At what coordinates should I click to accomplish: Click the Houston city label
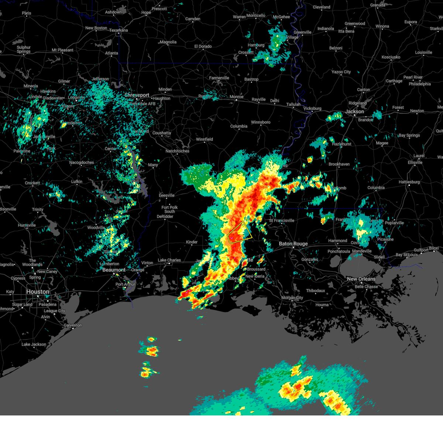(37, 292)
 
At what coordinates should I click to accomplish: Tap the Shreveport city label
(137, 95)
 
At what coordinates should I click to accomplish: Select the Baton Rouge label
(293, 244)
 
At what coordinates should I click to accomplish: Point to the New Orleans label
(361, 279)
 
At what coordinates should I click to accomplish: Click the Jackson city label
(354, 111)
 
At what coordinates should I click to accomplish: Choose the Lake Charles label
(169, 260)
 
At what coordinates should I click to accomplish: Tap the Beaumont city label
(114, 270)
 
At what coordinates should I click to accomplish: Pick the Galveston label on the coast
(73, 325)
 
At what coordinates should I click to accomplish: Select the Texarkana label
(119, 30)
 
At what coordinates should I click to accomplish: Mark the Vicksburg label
(312, 109)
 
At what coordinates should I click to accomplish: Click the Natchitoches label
(177, 151)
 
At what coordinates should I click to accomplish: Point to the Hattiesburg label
(409, 182)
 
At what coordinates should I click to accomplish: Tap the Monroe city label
(236, 97)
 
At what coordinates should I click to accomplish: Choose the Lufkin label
(77, 182)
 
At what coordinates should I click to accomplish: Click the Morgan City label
(292, 298)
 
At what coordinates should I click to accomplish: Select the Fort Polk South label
(169, 209)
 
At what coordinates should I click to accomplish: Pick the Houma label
(322, 305)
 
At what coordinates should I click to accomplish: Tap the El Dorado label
(203, 47)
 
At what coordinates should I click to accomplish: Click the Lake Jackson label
(34, 344)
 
